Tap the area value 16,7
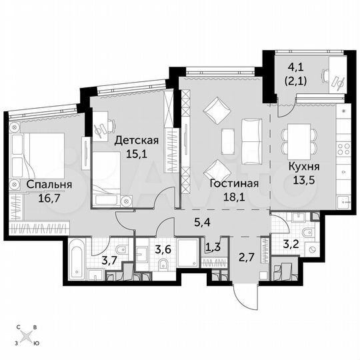(x=45, y=197)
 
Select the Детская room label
(x=136, y=141)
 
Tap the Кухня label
(x=303, y=167)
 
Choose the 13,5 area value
(x=303, y=181)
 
